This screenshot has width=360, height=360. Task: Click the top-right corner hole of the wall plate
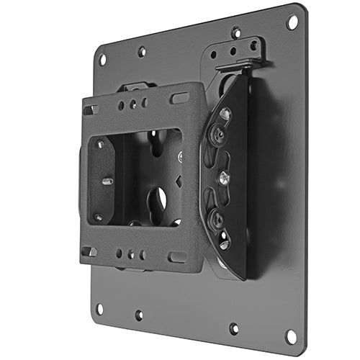(292, 22)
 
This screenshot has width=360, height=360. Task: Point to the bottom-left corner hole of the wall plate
(99, 309)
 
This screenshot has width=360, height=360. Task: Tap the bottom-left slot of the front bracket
(89, 251)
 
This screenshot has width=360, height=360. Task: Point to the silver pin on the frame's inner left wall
(106, 181)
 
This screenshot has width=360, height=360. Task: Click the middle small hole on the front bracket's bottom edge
(132, 254)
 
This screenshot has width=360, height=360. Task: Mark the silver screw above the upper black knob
(225, 114)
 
